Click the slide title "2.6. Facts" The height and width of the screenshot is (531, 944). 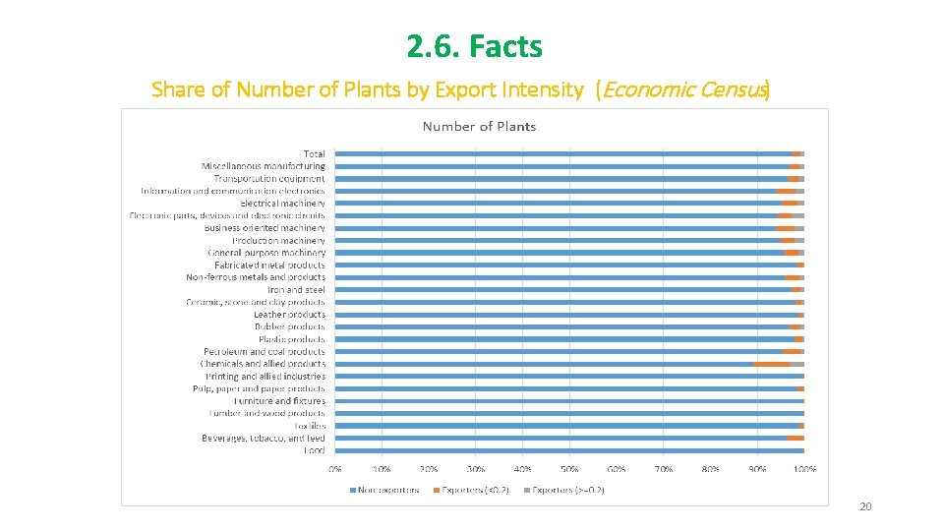pos(474,46)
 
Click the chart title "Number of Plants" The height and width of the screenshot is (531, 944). pos(479,126)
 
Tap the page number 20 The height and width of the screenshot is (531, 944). pos(865,506)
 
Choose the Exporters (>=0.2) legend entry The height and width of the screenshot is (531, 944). pos(566,490)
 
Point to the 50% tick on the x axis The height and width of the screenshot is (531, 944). pos(570,469)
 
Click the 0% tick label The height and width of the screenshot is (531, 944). pos(335,469)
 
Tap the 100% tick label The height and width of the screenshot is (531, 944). pos(804,469)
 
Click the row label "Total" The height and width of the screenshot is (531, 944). pos(314,154)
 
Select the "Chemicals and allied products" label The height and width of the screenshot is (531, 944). pos(263,364)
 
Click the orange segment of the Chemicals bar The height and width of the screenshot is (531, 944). pos(772,364)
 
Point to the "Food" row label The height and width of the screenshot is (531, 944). pos(314,450)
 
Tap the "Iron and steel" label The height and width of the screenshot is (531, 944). pos(296,290)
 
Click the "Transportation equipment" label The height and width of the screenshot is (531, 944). pos(268,179)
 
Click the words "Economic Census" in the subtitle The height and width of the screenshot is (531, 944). pos(682,90)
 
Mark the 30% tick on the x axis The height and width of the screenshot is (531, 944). pos(476,469)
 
